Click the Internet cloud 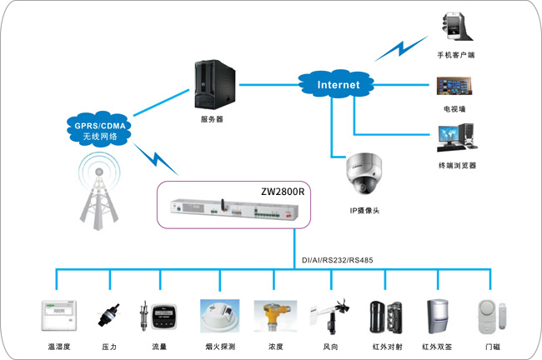336,84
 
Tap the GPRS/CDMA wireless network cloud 99,129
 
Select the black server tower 214,84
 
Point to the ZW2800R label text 283,192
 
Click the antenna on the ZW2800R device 223,205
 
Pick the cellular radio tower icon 99,192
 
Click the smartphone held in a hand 455,27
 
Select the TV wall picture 454,86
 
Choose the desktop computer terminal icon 457,137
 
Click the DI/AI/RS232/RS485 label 338,260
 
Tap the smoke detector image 220,316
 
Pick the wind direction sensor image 329,316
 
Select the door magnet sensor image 493,317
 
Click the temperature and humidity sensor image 58,316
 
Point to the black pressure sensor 109,315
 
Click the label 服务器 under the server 212,119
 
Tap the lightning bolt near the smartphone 402,48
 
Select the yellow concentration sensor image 275,316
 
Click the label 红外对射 388,347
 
